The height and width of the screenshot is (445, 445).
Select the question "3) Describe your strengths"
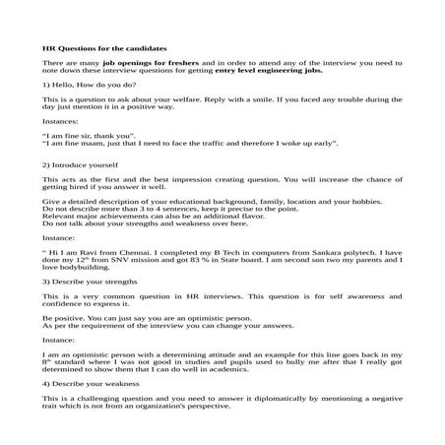[x=89, y=282]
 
